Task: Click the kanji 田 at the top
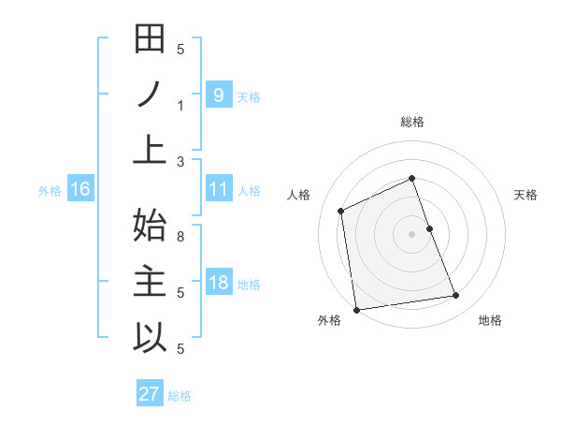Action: pos(150,40)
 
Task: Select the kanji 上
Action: pos(150,150)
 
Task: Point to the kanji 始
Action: pos(150,225)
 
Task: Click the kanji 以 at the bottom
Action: pos(150,337)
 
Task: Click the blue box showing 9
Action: pos(218,95)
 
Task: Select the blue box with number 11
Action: pos(218,189)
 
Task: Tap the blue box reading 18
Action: pos(218,283)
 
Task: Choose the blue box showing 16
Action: pos(80,189)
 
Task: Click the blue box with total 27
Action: pos(149,393)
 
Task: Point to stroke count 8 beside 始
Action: pos(182,236)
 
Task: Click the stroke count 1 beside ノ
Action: pos(182,105)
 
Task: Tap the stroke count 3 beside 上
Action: pos(182,161)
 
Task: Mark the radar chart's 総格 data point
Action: pos(411,178)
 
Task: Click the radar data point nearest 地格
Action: pos(456,296)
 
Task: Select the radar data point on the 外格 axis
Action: pos(356,309)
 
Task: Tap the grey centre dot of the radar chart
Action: pos(411,233)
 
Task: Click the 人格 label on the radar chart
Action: pos(299,195)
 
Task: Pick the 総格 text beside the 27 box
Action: pos(180,395)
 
